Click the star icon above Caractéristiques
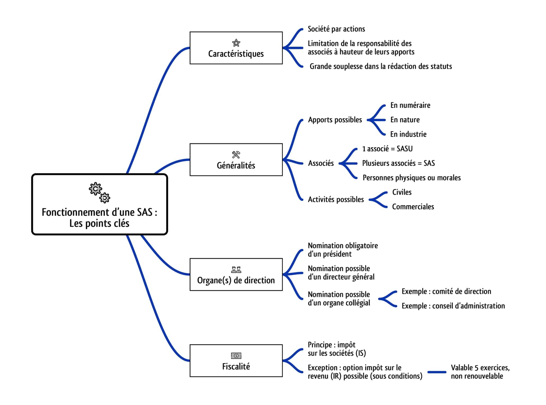pos(236,43)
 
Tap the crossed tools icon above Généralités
pos(236,155)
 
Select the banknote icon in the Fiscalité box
pos(236,356)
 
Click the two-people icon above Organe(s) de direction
pos(236,270)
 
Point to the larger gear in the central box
pos(95,189)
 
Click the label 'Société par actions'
pos(336,29)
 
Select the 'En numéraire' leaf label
pos(410,105)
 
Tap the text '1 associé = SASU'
pos(387,149)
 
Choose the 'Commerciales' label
pos(413,207)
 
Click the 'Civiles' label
pos(402,192)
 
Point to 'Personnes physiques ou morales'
pos(412,178)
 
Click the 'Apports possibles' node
pos(335,120)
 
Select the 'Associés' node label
pos(321,163)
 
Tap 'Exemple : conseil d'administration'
pos(453,306)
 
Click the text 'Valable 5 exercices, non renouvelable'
pos(480,372)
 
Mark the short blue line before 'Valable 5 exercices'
pos(437,372)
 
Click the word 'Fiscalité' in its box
pos(236,366)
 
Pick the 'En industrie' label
pos(408,134)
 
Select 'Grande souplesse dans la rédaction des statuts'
pos(381,66)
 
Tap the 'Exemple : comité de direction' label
pos(446,291)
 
